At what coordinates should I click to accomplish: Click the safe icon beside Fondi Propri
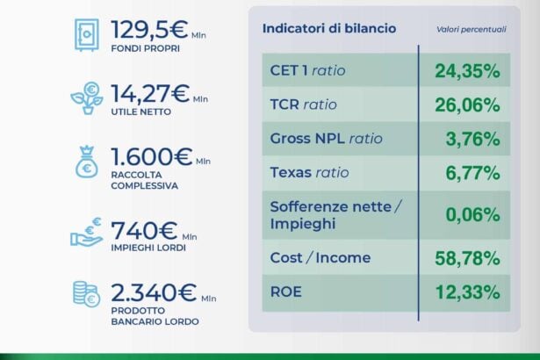pyautogui.click(x=87, y=34)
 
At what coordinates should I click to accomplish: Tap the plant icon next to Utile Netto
pyautogui.click(x=87, y=97)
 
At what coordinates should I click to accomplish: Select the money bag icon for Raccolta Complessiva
pyautogui.click(x=87, y=166)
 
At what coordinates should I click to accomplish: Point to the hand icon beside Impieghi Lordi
pyautogui.click(x=87, y=233)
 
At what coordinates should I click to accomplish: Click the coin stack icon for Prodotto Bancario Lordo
pyautogui.click(x=86, y=296)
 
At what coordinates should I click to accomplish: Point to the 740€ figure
pyautogui.click(x=143, y=231)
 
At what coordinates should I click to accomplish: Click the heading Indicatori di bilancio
pyautogui.click(x=329, y=28)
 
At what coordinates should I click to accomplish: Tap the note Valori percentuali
pyautogui.click(x=472, y=29)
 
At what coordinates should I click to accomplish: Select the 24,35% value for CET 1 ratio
pyautogui.click(x=467, y=71)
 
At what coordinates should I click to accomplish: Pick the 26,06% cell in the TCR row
pyautogui.click(x=467, y=105)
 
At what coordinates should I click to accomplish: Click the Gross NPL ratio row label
pyautogui.click(x=327, y=139)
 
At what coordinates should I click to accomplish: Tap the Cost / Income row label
pyautogui.click(x=320, y=258)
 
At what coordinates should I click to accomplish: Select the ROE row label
pyautogui.click(x=285, y=292)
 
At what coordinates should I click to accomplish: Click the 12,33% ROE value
pyautogui.click(x=468, y=292)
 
